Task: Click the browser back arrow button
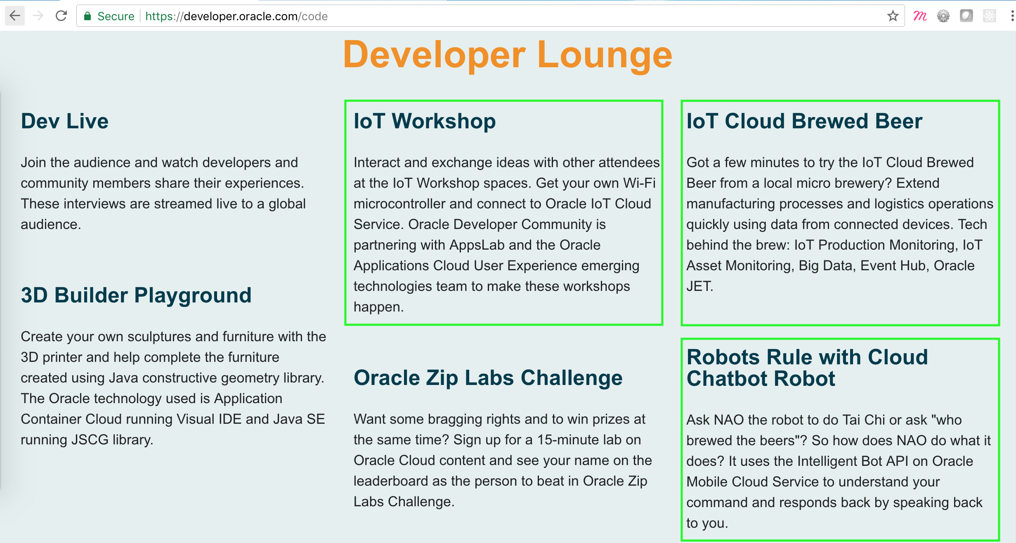pyautogui.click(x=15, y=16)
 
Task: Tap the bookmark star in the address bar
pyautogui.click(x=893, y=16)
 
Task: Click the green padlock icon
pyautogui.click(x=87, y=16)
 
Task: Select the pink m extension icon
pyautogui.click(x=920, y=16)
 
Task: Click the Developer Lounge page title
pyautogui.click(x=508, y=55)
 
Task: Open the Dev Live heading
pyautogui.click(x=65, y=121)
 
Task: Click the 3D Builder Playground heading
pyautogui.click(x=136, y=295)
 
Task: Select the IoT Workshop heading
pyautogui.click(x=425, y=121)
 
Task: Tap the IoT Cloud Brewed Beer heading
pyautogui.click(x=804, y=121)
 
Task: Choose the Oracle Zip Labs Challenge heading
pyautogui.click(x=488, y=378)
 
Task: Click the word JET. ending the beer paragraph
pyautogui.click(x=700, y=286)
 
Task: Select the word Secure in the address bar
pyautogui.click(x=116, y=16)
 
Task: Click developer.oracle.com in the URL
pyautogui.click(x=241, y=16)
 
